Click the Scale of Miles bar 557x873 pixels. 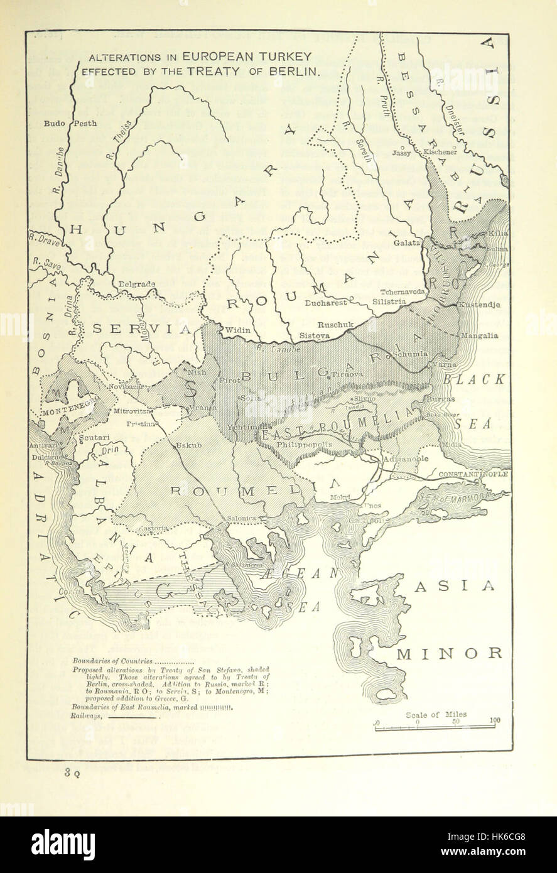coord(436,728)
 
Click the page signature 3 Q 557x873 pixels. coord(71,774)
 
